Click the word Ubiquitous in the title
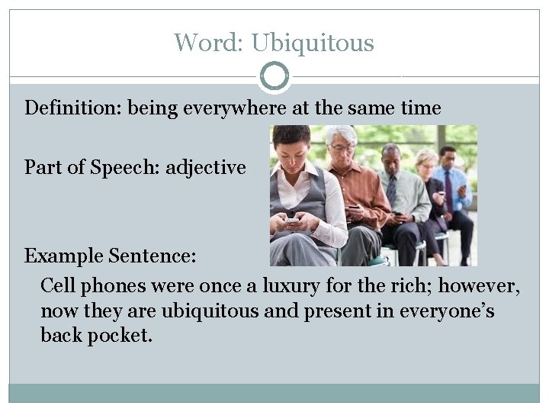click(x=313, y=43)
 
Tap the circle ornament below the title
click(x=274, y=76)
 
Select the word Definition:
click(x=73, y=108)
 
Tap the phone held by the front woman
click(x=292, y=222)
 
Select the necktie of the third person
click(x=391, y=187)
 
